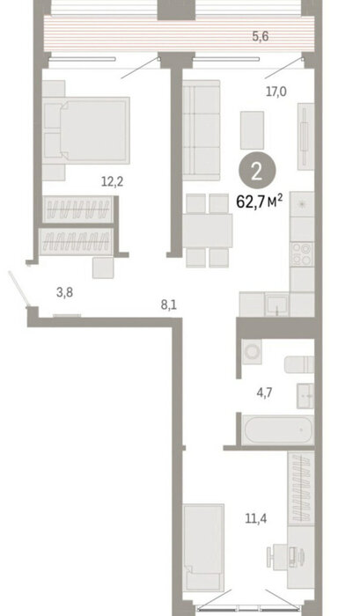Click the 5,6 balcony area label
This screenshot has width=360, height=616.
point(261,37)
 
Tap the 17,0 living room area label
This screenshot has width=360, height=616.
point(276,92)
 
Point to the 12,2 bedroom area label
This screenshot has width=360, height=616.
point(113,182)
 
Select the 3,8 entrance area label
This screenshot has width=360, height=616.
point(64,293)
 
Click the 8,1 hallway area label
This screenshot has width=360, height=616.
point(169,304)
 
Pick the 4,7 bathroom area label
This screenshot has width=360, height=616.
point(264,392)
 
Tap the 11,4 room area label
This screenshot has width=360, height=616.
point(256,519)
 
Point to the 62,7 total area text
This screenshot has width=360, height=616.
point(259,202)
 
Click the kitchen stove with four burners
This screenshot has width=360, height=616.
point(302,254)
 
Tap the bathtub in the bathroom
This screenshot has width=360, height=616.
point(279,429)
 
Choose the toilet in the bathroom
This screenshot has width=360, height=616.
point(299,364)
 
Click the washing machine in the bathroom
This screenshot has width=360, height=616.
point(252,352)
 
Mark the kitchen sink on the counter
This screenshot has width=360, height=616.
point(276,304)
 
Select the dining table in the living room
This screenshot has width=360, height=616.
point(208,231)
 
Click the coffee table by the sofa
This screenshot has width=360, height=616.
point(252,130)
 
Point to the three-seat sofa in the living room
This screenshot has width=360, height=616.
point(201,130)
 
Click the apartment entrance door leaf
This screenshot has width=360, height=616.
point(19,289)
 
